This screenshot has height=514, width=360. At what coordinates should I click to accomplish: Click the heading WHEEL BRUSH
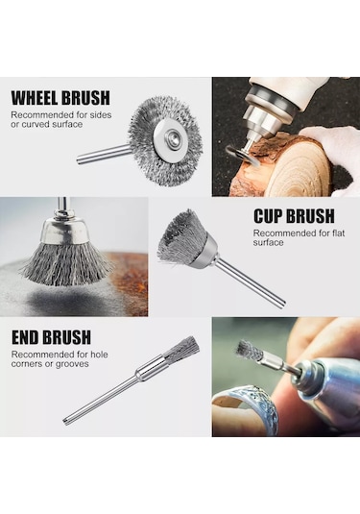60,98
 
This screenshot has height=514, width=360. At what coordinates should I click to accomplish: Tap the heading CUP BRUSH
294,216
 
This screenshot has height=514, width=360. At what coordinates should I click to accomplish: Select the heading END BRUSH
51,337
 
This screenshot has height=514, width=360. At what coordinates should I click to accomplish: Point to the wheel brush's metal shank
104,153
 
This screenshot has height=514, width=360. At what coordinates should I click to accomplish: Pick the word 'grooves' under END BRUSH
72,364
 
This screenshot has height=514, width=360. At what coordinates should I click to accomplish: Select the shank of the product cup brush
251,280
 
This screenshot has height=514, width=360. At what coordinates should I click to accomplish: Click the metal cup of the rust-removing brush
64,231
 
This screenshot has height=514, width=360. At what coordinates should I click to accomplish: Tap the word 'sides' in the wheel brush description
101,115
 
